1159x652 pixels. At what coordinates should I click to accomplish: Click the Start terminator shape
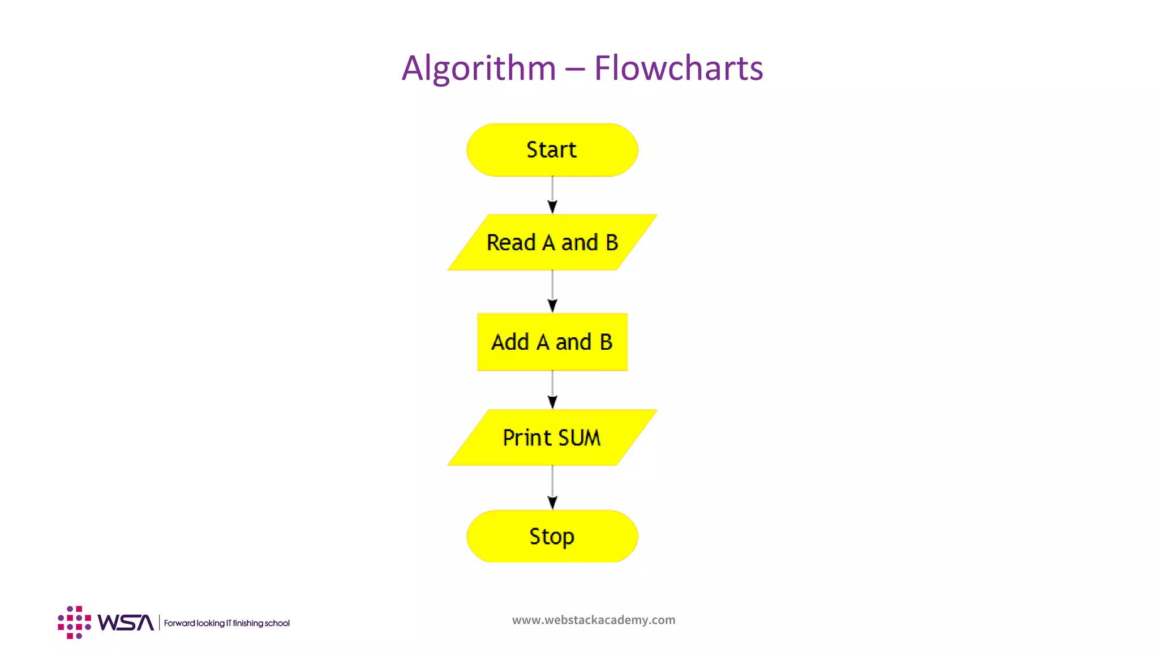pyautogui.click(x=552, y=150)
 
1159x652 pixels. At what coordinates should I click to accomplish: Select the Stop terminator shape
pyautogui.click(x=552, y=536)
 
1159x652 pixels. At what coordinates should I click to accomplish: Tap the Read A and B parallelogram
pyautogui.click(x=552, y=242)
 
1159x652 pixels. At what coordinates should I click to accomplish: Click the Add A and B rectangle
pyautogui.click(x=552, y=342)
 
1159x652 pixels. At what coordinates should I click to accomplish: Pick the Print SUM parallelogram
pyautogui.click(x=552, y=437)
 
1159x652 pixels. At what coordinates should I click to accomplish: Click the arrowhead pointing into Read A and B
pyautogui.click(x=552, y=207)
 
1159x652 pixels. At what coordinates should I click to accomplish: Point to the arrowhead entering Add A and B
pyautogui.click(x=552, y=306)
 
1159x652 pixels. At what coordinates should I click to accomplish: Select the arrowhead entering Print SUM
pyautogui.click(x=552, y=402)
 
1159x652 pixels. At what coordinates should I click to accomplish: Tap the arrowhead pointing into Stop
pyautogui.click(x=552, y=503)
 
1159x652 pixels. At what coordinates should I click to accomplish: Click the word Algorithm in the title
pyautogui.click(x=479, y=68)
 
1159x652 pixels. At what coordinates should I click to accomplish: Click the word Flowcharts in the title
pyautogui.click(x=678, y=68)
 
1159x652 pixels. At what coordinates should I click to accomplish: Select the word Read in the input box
pyautogui.click(x=511, y=243)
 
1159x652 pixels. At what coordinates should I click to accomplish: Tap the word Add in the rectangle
pyautogui.click(x=510, y=342)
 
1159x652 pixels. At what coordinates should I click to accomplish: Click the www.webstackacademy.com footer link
pyautogui.click(x=594, y=620)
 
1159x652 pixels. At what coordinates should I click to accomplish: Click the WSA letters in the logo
pyautogui.click(x=126, y=623)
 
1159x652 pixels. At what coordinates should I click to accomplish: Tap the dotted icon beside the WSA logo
pyautogui.click(x=74, y=623)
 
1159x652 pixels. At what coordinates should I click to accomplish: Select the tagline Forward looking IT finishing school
pyautogui.click(x=226, y=623)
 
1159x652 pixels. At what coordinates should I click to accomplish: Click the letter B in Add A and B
pyautogui.click(x=606, y=342)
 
